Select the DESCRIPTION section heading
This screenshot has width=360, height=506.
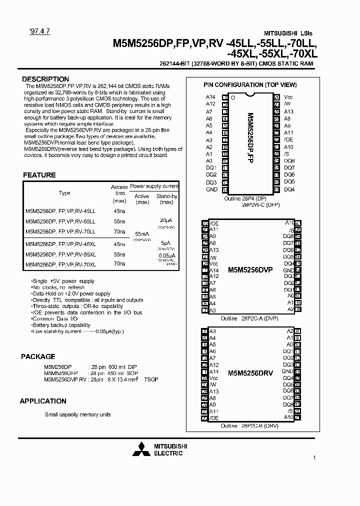pyautogui.click(x=45, y=79)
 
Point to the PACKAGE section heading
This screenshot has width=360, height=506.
pyautogui.click(x=38, y=356)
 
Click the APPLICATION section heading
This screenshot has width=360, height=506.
pyautogui.click(x=43, y=401)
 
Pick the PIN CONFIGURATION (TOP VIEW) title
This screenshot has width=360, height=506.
pyautogui.click(x=250, y=85)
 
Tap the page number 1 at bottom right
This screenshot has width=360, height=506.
pyautogui.click(x=314, y=457)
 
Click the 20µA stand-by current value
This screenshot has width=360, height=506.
pyautogui.click(x=166, y=220)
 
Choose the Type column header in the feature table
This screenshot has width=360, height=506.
pyautogui.click(x=64, y=192)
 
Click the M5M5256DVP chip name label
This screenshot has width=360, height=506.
pyautogui.click(x=250, y=269)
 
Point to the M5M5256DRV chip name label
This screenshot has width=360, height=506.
pyautogui.click(x=250, y=373)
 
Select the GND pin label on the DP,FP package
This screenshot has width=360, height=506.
pyautogui.click(x=211, y=189)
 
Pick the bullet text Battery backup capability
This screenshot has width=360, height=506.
pyautogui.click(x=61, y=325)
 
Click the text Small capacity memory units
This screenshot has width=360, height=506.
pyautogui.click(x=77, y=414)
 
